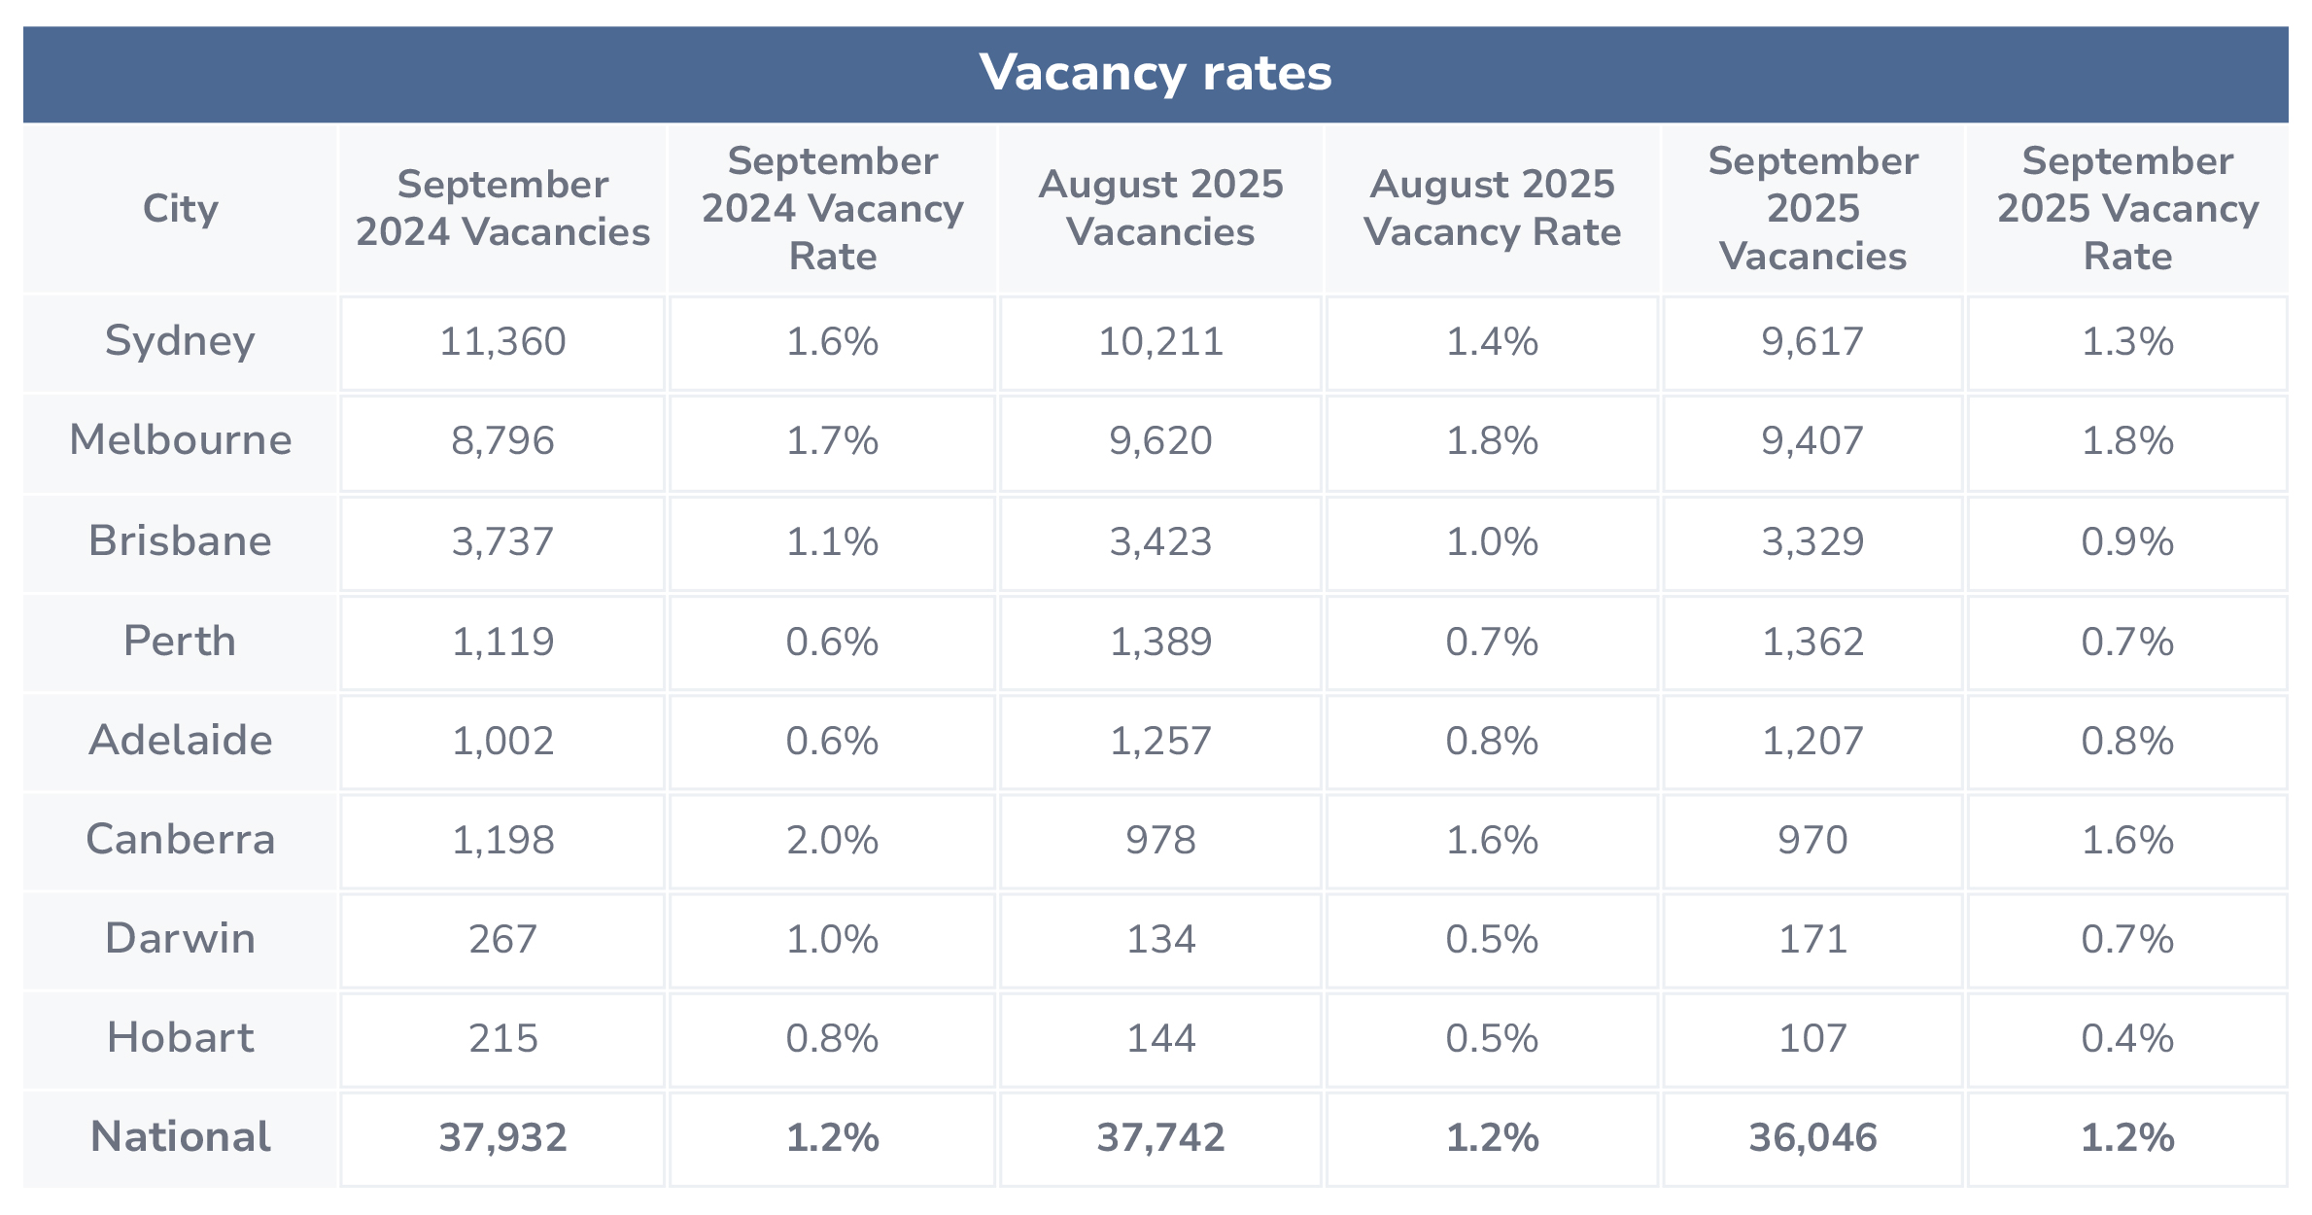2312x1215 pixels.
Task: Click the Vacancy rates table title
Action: tap(1156, 73)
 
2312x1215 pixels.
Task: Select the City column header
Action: tap(181, 208)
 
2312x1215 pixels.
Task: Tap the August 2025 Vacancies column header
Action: tap(1160, 208)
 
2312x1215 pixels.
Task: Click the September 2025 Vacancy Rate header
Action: tap(2127, 208)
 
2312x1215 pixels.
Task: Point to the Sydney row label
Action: tap(181, 341)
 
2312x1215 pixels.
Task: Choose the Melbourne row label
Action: tap(181, 440)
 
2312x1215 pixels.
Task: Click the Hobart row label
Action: tap(181, 1038)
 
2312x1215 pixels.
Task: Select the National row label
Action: tap(181, 1137)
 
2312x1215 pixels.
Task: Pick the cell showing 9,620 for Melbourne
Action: tap(1160, 441)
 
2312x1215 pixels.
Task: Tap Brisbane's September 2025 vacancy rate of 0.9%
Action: tap(2127, 541)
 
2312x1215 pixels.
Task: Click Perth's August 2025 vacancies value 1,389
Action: tap(1160, 642)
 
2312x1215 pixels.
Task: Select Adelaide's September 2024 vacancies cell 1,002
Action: tap(502, 741)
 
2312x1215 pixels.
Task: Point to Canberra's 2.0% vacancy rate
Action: tap(832, 840)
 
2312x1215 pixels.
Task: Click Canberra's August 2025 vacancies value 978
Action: tap(1160, 840)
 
